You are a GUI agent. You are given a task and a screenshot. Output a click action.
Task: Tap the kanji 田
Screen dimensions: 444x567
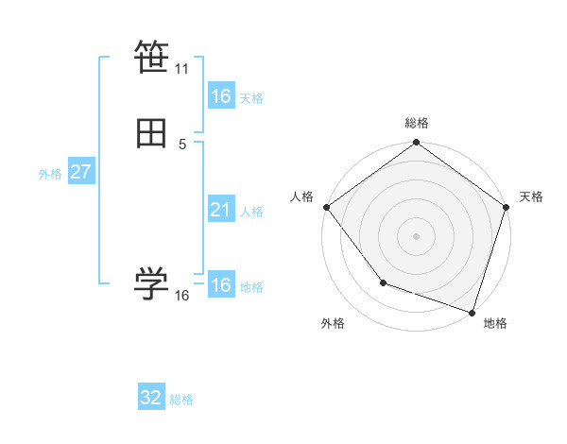151,134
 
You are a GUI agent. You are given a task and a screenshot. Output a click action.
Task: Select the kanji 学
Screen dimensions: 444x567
151,282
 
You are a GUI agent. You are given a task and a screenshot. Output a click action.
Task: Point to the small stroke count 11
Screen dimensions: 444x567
182,69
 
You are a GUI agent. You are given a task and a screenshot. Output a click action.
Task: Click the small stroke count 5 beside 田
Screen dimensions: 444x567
182,145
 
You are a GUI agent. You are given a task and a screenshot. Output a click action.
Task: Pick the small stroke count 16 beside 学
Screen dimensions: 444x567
182,296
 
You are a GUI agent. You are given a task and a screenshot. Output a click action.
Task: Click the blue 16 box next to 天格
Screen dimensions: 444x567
221,96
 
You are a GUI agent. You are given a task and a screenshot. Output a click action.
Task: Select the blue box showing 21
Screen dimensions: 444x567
221,210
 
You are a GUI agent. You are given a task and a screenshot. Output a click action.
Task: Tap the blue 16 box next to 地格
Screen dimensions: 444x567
221,285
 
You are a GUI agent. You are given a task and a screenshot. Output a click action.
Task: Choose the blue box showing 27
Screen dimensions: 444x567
81,172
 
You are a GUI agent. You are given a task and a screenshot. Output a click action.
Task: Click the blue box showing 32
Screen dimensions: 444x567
151,398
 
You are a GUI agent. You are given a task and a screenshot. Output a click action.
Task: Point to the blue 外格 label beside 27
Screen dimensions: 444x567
50,174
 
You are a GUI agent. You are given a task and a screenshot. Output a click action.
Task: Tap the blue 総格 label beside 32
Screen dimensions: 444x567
181,400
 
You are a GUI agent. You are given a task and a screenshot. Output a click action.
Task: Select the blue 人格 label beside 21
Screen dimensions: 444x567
252,212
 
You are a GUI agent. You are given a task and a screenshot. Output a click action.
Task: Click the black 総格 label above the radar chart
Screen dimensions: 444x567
417,123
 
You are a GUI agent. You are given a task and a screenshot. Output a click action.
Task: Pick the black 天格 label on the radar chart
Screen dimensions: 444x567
531,196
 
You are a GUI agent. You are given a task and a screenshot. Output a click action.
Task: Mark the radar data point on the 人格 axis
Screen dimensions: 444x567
326,206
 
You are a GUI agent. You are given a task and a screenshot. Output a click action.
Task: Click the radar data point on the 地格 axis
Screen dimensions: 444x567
472,311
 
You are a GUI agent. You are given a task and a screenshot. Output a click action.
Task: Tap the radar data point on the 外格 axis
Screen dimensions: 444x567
383,282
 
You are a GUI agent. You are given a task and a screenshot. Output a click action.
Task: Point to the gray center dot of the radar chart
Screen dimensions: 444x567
417,235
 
